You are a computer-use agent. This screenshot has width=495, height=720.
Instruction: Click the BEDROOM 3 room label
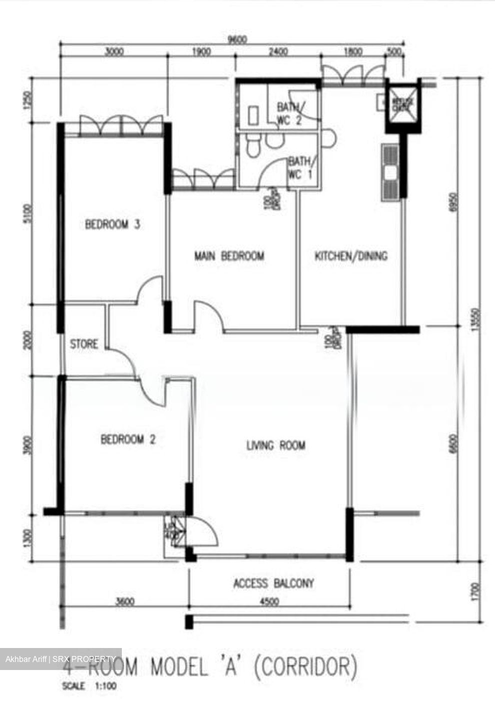click(112, 224)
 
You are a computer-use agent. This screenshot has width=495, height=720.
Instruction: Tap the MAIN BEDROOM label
click(229, 256)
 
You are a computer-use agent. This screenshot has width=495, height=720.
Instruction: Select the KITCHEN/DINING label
click(351, 256)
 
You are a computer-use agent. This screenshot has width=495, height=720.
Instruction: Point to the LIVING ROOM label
click(276, 444)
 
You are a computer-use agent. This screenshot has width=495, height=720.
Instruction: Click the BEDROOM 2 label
click(128, 439)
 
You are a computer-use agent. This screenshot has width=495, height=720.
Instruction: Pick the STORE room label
click(84, 344)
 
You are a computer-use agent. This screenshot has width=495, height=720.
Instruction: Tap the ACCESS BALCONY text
click(273, 583)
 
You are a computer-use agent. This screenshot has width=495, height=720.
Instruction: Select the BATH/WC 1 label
click(300, 168)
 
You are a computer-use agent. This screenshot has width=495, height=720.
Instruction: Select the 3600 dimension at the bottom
click(125, 602)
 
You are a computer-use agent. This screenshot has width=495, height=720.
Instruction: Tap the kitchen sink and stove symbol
click(390, 171)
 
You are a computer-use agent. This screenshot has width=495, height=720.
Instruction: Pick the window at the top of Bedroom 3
click(121, 125)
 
